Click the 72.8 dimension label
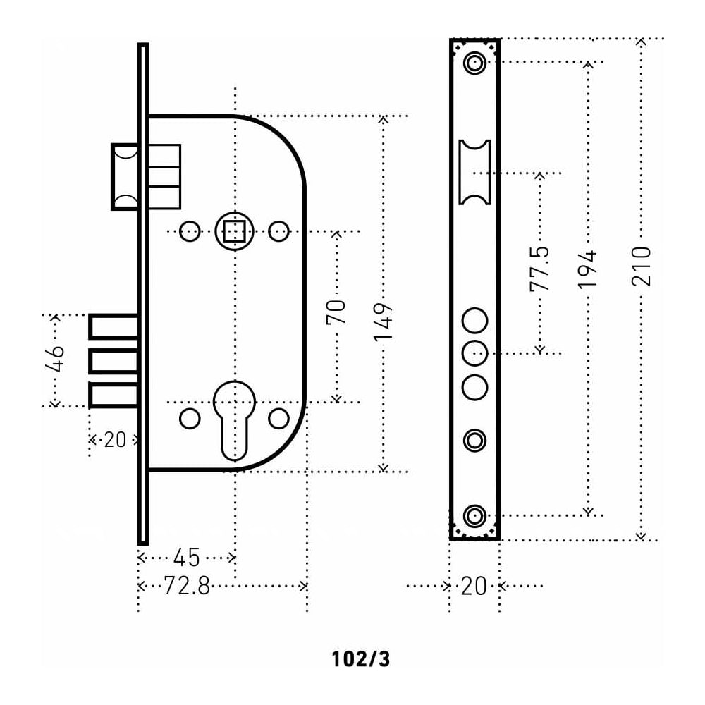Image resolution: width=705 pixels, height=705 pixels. click(187, 585)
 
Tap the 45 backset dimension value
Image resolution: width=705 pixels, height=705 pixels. click(187, 558)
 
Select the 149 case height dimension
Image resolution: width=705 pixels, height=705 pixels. click(383, 323)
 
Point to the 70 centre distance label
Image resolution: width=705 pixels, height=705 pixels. click(336, 312)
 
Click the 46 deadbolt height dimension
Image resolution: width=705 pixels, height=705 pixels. click(56, 359)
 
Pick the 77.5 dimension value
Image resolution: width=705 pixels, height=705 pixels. click(540, 269)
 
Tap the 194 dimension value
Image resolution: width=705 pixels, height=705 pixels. click(588, 268)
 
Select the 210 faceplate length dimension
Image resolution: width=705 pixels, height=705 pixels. click(641, 266)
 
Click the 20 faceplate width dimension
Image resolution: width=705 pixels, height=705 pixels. click(474, 586)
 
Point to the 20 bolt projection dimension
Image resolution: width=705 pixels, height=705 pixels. click(114, 440)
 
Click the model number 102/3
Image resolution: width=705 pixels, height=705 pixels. click(360, 659)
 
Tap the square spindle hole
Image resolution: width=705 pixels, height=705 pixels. click(234, 231)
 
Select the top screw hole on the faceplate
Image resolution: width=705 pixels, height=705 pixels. click(474, 64)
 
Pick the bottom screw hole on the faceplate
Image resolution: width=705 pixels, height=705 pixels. click(474, 515)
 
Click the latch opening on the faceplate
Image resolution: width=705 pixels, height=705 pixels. click(474, 172)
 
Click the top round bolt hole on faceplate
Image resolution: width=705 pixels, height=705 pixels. click(474, 321)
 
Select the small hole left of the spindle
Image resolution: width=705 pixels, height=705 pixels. click(190, 231)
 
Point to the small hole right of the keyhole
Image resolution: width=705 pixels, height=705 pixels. click(279, 418)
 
